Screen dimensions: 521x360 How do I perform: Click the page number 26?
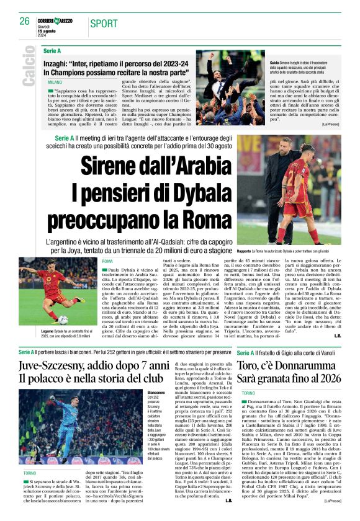tap(24, 21)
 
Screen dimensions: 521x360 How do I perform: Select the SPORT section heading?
tap(103, 24)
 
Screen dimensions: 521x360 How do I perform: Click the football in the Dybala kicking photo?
tap(63, 320)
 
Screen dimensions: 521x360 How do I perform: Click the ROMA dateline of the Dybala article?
tap(108, 262)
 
